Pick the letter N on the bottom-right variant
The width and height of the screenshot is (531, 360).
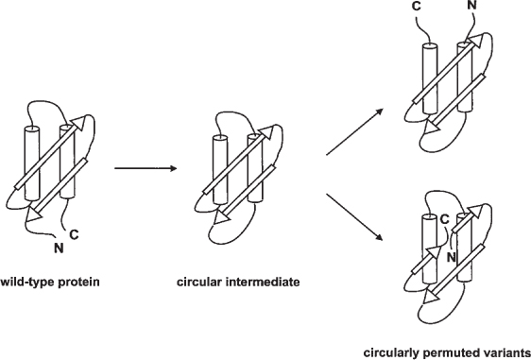pyautogui.click(x=452, y=254)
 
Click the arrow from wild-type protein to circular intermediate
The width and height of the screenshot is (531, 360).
pyautogui.click(x=145, y=169)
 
